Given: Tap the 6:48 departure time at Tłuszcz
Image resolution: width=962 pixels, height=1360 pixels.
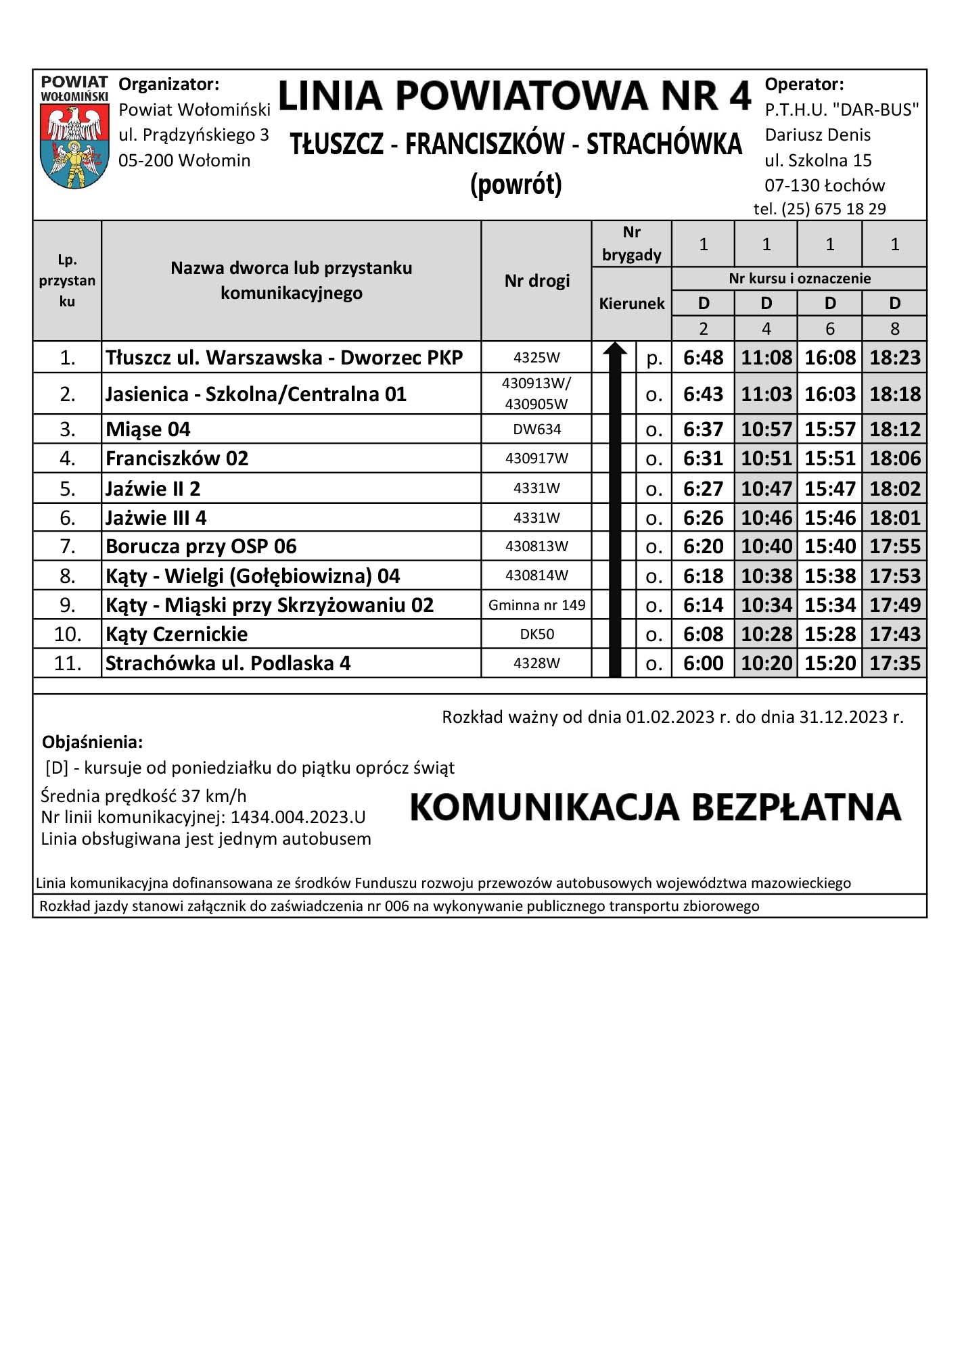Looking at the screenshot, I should pyautogui.click(x=703, y=357).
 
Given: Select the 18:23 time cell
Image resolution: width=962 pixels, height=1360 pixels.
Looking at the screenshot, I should pyautogui.click(x=894, y=357).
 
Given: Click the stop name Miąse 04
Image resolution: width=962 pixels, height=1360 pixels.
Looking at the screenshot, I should pyautogui.click(x=148, y=429).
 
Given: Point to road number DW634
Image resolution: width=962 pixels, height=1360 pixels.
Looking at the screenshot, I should pyautogui.click(x=536, y=429).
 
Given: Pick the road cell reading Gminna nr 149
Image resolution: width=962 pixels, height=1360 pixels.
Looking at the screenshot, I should pyautogui.click(x=536, y=605).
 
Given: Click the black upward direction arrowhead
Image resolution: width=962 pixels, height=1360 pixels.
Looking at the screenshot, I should pyautogui.click(x=614, y=350).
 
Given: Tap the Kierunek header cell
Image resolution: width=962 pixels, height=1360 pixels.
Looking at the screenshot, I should pyautogui.click(x=631, y=304).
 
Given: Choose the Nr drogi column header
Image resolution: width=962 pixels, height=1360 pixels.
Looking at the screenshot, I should pyautogui.click(x=536, y=281).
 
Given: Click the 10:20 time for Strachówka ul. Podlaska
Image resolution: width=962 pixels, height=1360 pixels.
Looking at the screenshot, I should pyautogui.click(x=766, y=663).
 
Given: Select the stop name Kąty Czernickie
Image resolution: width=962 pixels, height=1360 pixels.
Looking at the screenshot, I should pyautogui.click(x=177, y=634).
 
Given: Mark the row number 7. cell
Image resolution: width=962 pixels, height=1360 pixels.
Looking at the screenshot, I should pyautogui.click(x=67, y=546).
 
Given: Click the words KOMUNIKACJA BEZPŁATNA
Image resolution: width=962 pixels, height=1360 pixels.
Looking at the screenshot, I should pyautogui.click(x=655, y=807).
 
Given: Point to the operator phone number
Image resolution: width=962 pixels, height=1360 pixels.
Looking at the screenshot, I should pyautogui.click(x=819, y=209).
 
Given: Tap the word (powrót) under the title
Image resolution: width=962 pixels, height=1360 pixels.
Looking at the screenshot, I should pyautogui.click(x=516, y=185).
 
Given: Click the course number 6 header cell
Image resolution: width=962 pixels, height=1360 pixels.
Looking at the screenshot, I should pyautogui.click(x=829, y=329).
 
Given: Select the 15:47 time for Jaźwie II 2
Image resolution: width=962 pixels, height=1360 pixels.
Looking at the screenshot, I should pyautogui.click(x=829, y=488).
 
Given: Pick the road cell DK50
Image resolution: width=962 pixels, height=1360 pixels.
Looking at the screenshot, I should pyautogui.click(x=536, y=634).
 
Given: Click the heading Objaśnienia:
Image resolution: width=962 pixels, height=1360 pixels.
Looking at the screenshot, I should pyautogui.click(x=93, y=742).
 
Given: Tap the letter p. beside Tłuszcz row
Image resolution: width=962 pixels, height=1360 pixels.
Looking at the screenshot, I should pyautogui.click(x=654, y=358).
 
